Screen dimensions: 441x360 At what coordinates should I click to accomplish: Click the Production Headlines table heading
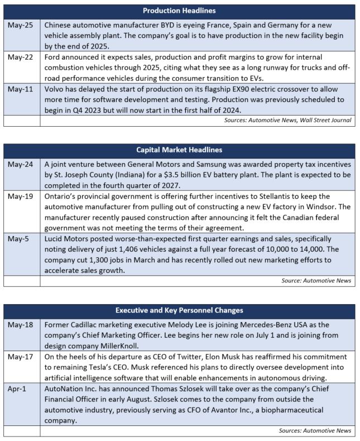180,11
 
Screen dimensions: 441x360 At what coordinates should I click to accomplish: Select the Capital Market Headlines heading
180,150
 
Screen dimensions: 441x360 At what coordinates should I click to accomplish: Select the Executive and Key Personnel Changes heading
180,310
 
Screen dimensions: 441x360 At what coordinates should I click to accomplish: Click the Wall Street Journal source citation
325,119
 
